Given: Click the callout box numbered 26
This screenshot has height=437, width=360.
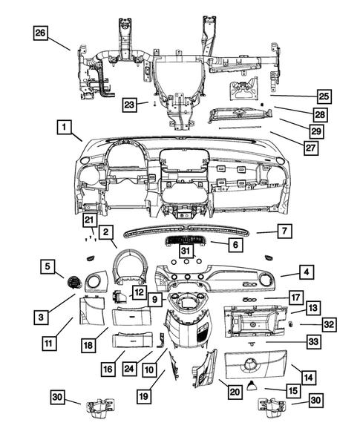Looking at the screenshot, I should (40, 33).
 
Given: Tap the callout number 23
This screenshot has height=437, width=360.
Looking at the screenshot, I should (130, 105).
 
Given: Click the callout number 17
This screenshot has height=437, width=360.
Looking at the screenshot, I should (295, 298).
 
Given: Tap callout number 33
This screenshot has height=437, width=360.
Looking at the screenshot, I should (314, 342).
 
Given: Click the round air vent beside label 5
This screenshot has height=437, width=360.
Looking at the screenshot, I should (74, 281).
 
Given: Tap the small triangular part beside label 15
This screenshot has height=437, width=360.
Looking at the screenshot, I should (255, 384).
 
